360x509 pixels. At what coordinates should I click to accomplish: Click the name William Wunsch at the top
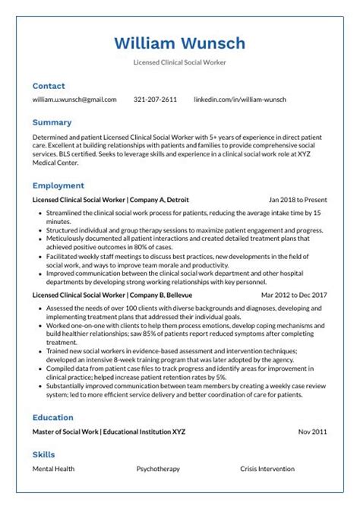(180, 43)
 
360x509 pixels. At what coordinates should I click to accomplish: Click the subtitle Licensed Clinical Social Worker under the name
(180, 62)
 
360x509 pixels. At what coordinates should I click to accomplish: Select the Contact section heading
(49, 86)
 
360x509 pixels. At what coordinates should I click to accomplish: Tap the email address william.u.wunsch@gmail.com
(74, 100)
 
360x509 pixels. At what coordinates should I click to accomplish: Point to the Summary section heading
(52, 122)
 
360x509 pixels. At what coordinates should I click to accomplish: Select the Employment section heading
(58, 185)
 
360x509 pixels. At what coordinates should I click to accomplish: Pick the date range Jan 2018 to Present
(298, 200)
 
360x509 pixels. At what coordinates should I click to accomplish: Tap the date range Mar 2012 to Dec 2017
(294, 294)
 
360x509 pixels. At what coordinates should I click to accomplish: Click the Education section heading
(52, 417)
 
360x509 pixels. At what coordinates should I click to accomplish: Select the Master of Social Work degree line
(109, 432)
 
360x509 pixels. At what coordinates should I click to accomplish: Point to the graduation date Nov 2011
(312, 432)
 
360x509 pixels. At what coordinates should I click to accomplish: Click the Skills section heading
(43, 454)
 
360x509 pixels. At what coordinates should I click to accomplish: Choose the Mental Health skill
(53, 469)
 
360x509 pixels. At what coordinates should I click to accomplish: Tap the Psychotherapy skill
(158, 469)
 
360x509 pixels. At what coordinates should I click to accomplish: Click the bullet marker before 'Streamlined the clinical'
(39, 213)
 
